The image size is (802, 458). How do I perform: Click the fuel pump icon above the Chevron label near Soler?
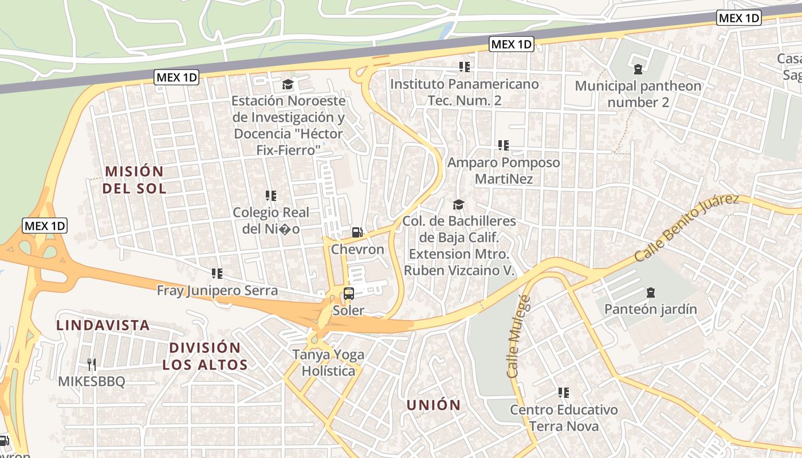[x=357, y=232]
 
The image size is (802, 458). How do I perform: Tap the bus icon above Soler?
[x=348, y=294]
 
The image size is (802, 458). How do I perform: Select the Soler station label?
[x=348, y=310]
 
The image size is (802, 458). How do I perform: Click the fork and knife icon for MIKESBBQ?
[x=92, y=364]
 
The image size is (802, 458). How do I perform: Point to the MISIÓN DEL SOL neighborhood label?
[x=135, y=179]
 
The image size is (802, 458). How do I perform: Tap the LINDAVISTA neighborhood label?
[x=103, y=325]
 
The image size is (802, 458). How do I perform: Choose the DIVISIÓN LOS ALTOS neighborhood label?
[x=205, y=356]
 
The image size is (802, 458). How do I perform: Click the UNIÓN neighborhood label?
[x=434, y=405]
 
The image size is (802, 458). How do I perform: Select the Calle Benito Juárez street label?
[x=686, y=227]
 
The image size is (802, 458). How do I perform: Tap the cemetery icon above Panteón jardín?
[x=650, y=293]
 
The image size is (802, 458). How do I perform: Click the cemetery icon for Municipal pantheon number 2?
[x=638, y=69]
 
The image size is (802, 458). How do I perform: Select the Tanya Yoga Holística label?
[x=328, y=362]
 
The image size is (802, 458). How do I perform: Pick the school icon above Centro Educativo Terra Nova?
[x=564, y=393]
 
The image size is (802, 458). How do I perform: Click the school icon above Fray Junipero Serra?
[x=217, y=274]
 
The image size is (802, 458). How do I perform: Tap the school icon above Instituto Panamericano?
[x=465, y=67]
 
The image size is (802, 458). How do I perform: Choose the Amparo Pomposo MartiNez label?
[x=504, y=171]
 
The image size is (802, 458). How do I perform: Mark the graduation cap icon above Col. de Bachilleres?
[x=458, y=204]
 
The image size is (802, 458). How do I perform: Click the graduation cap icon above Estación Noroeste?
[x=288, y=85]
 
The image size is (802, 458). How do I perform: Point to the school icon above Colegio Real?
[x=271, y=196]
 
